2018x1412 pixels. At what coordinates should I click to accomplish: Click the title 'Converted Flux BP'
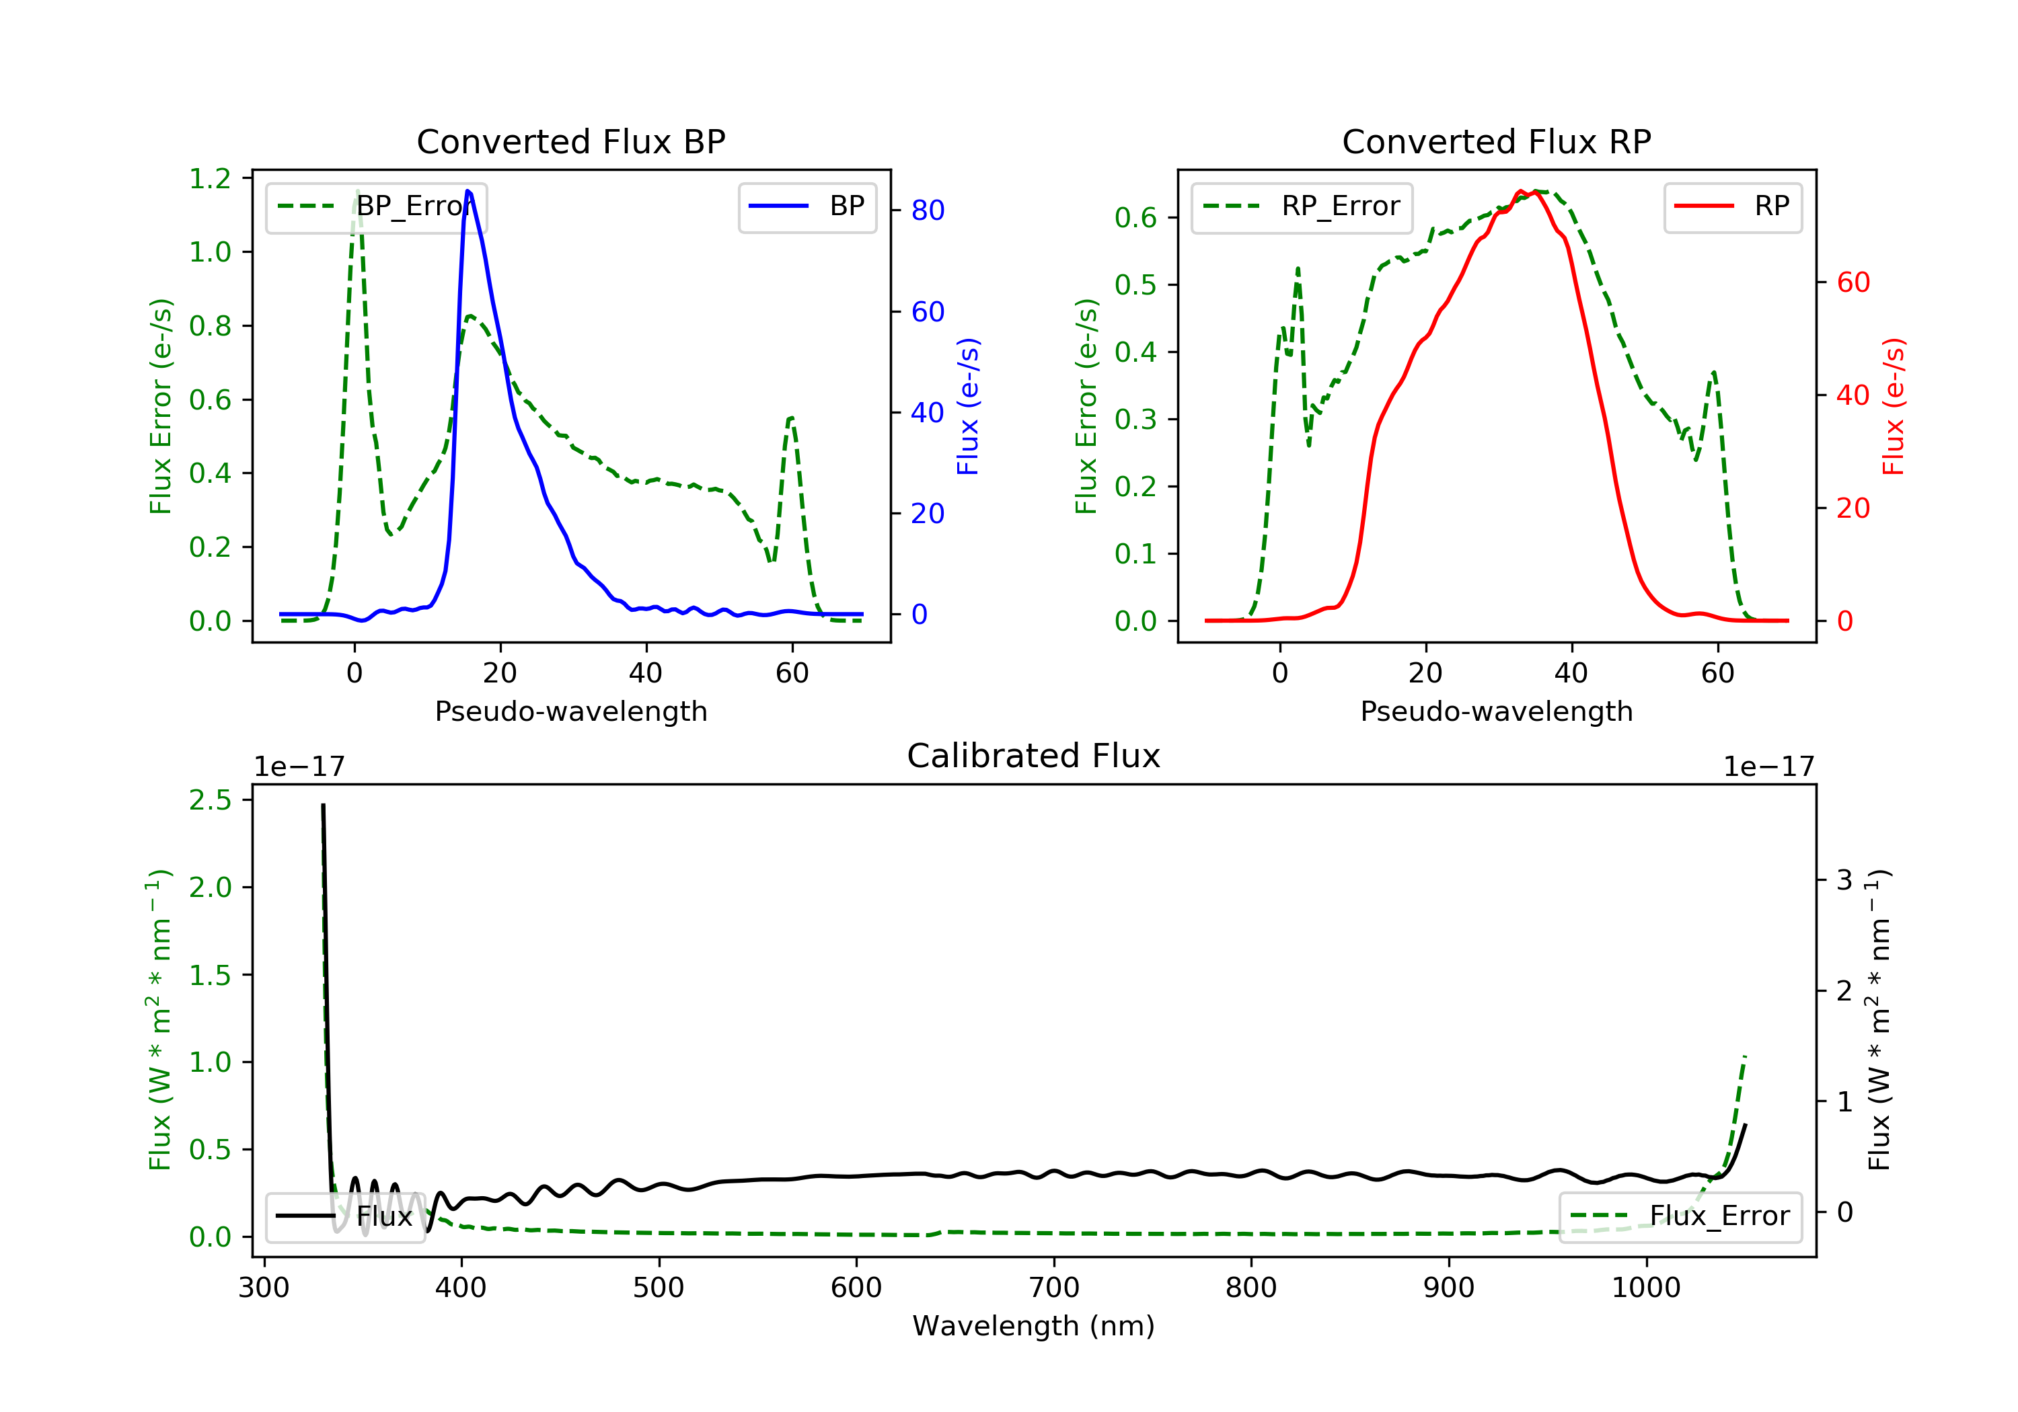coord(570,141)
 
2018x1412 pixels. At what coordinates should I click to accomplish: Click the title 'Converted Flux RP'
coord(1496,141)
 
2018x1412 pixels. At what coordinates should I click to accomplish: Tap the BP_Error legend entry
coord(376,206)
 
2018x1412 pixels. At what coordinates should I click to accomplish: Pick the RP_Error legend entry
coord(1302,206)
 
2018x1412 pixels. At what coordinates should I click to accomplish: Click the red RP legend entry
coord(1732,206)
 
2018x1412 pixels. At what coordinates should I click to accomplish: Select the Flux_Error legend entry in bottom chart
coord(1680,1216)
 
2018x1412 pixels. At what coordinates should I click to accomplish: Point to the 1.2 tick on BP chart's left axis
coord(210,180)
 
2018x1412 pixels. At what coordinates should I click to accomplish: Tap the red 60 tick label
coord(1853,283)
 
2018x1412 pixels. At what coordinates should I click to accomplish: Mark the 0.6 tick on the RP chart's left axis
coord(1135,218)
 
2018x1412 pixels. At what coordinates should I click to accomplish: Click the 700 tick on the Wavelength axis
coord(1054,1288)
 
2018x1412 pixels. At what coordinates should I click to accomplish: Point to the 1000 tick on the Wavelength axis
coord(1645,1288)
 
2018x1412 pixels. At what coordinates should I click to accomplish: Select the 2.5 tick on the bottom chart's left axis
coord(210,800)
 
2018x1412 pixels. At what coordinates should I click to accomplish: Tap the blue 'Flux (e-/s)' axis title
coord(968,406)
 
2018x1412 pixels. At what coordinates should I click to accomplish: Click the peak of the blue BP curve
coord(468,191)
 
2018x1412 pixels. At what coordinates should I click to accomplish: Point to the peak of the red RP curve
coord(1520,191)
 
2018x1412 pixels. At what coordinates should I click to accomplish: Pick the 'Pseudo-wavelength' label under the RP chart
coord(1496,711)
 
